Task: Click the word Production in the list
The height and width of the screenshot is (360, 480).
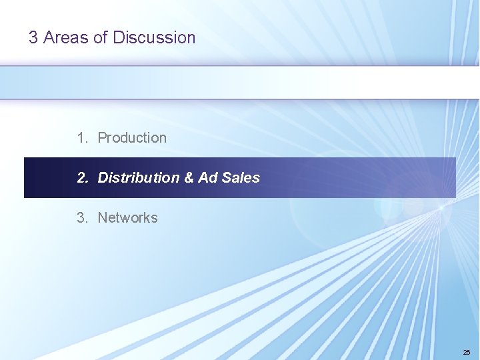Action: (x=132, y=138)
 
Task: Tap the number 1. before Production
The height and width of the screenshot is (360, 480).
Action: (x=82, y=138)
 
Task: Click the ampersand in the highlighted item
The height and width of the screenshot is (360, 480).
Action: (x=189, y=178)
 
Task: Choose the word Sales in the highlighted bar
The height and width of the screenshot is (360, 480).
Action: (x=241, y=178)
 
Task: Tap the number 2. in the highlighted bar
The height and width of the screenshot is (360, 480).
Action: (x=82, y=178)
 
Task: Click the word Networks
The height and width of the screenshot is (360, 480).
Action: (x=127, y=218)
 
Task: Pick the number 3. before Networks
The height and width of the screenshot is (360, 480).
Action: (x=82, y=218)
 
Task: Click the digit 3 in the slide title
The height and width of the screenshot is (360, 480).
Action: (x=33, y=38)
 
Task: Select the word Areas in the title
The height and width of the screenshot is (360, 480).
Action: (x=66, y=38)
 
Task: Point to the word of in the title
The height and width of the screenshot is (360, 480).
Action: (x=101, y=38)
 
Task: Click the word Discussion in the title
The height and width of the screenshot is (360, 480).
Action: (x=154, y=38)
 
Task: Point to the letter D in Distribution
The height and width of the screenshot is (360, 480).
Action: (x=103, y=178)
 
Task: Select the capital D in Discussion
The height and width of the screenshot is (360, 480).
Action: (x=118, y=38)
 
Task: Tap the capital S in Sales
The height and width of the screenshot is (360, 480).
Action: (x=226, y=178)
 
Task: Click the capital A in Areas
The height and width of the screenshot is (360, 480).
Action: (x=49, y=38)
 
